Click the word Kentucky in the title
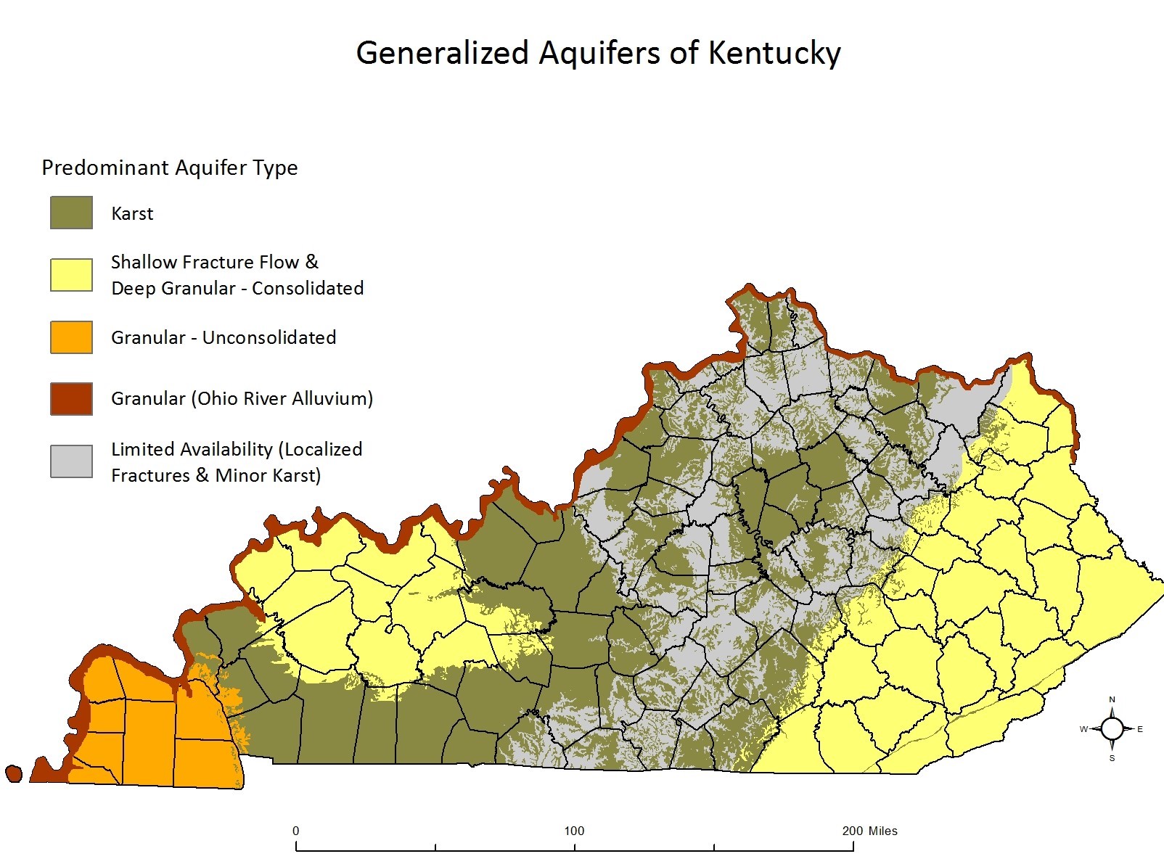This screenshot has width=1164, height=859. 774,53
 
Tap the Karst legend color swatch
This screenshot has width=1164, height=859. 71,213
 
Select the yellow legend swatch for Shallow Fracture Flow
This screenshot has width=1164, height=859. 71,275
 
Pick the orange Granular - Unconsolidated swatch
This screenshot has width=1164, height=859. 71,337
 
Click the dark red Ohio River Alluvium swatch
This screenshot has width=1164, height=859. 71,398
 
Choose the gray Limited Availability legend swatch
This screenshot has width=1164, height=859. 71,461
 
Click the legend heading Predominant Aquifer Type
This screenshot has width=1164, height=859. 170,168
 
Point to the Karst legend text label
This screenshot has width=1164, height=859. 132,213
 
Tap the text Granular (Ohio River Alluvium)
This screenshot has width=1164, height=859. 242,398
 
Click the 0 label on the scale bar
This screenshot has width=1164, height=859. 295,831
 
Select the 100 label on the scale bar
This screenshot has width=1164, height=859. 574,831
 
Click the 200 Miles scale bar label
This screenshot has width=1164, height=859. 869,831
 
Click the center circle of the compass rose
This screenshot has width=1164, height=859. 1112,728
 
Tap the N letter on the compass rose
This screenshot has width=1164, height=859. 1112,700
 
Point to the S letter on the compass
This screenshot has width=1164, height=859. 1112,758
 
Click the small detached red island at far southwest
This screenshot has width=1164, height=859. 13,773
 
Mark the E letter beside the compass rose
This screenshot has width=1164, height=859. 1140,729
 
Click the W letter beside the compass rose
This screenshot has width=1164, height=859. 1083,729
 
